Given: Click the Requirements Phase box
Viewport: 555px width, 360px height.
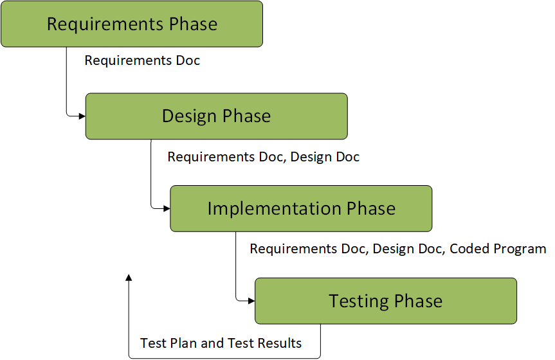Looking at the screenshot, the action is [132, 24].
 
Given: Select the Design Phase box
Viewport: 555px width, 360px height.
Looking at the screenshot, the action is [216, 116].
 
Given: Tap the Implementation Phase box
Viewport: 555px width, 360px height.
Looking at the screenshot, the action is [301, 208].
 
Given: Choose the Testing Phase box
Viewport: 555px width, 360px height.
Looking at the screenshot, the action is [386, 301].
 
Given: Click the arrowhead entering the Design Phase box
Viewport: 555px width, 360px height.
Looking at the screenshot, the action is [82, 116].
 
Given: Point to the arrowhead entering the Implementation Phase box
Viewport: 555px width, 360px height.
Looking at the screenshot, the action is [167, 208].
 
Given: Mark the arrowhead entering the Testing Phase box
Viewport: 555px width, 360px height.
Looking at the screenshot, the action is [251, 301].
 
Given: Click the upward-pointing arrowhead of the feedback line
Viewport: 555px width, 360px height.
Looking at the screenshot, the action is [129, 278].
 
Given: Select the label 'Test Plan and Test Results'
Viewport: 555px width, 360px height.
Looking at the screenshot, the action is [221, 343].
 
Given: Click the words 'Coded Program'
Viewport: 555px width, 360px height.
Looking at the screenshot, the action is [498, 249].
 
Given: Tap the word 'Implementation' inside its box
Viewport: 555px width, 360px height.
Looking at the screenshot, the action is [275, 208].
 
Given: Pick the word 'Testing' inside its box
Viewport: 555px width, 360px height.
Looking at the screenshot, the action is [359, 301].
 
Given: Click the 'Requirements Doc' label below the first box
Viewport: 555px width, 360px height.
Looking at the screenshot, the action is [142, 60].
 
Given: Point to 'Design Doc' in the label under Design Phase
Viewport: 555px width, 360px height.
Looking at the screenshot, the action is [325, 157].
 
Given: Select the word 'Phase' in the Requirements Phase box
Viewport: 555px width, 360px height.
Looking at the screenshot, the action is [193, 24].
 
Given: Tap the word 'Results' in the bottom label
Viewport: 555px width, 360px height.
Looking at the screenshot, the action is [280, 343].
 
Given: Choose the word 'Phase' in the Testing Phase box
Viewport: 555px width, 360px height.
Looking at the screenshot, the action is [418, 301].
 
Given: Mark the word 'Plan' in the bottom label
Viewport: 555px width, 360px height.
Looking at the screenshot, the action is [183, 343].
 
